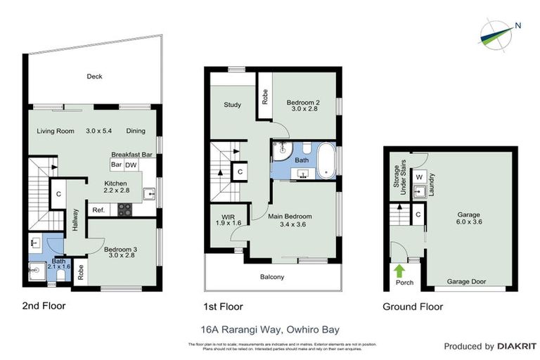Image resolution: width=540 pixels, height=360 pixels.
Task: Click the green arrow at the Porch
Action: [x=399, y=270]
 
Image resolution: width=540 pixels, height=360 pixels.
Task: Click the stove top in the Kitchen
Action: [x=124, y=209]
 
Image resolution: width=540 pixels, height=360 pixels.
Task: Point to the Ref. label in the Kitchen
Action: [x=98, y=209]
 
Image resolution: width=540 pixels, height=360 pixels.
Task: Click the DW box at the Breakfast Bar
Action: [x=131, y=165]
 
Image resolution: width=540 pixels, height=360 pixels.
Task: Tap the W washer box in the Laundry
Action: [x=418, y=176]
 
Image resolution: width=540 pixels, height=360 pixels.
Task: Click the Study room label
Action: [x=232, y=105]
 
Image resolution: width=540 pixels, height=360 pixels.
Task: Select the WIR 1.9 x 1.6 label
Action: [x=227, y=219]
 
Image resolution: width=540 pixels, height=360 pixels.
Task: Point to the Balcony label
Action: [x=273, y=277]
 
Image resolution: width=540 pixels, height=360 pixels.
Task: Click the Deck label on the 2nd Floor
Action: [x=94, y=77]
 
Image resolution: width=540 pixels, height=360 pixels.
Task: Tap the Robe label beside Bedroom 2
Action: [x=264, y=97]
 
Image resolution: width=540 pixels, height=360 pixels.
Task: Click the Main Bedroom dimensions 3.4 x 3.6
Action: [x=290, y=225]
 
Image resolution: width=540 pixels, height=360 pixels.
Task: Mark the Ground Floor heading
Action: [x=412, y=307]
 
